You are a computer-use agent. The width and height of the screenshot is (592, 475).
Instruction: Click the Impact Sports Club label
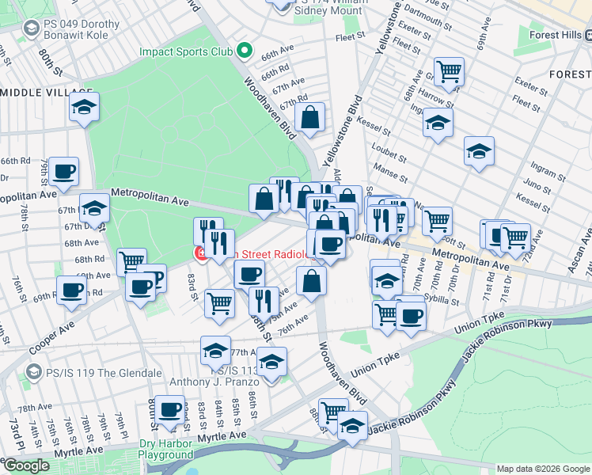(186, 52)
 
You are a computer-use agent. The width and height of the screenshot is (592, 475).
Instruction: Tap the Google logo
(25, 465)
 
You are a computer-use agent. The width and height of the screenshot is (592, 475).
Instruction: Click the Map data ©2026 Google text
(543, 468)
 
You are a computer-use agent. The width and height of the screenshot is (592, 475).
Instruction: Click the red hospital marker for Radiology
(201, 254)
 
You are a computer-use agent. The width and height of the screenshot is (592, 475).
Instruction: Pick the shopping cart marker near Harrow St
(448, 71)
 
